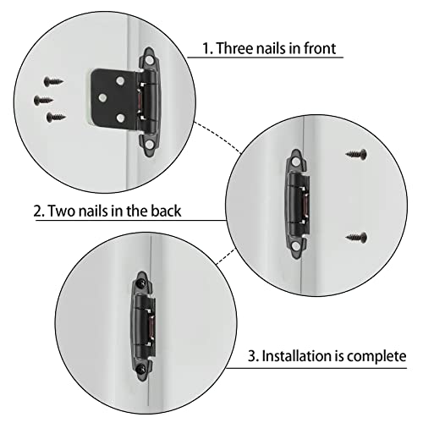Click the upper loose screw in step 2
click(x=356, y=155)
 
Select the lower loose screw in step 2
click(x=356, y=237)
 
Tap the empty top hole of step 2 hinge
click(x=296, y=158)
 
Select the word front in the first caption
click(x=317, y=48)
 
